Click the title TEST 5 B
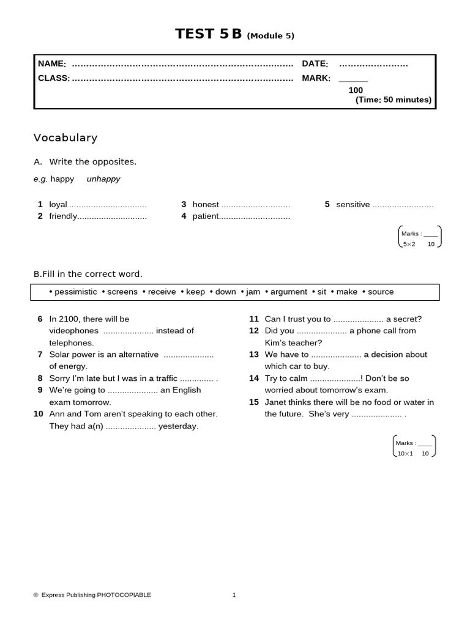tap(209, 34)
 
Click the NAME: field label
tap(52, 64)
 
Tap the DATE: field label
tap(315, 64)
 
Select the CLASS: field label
tap(54, 78)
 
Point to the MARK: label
tap(316, 78)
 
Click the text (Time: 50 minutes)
tap(393, 100)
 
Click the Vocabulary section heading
tap(65, 138)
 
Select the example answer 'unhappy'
tap(103, 179)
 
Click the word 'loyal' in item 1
tap(58, 205)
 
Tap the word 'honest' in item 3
tap(206, 205)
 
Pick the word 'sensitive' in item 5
tap(352, 205)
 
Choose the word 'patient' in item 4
tap(206, 216)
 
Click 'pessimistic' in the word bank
tap(75, 292)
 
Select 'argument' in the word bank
tap(288, 292)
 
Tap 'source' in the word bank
tap(381, 292)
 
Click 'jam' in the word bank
tap(253, 292)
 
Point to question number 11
tap(254, 319)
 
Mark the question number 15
tap(254, 402)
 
